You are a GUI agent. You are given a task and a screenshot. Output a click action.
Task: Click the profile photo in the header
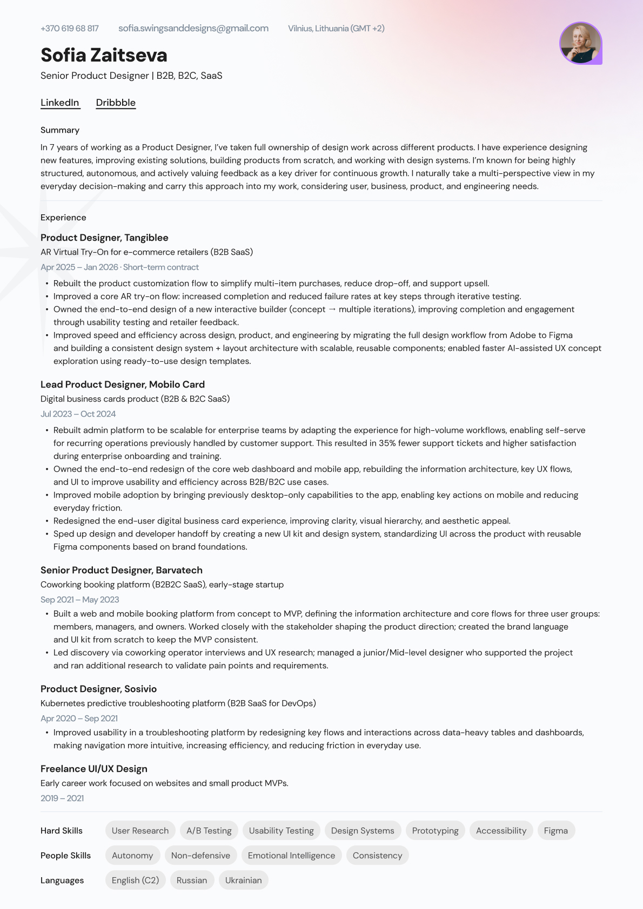pyautogui.click(x=580, y=43)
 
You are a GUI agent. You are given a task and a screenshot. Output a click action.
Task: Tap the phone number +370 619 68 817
pyautogui.click(x=70, y=29)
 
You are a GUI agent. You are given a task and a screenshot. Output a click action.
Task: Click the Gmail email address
pyautogui.click(x=193, y=29)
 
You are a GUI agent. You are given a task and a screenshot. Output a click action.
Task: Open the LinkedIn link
pyautogui.click(x=60, y=103)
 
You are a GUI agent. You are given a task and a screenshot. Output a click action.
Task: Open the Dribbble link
pyautogui.click(x=116, y=103)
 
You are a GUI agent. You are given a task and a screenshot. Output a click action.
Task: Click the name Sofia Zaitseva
pyautogui.click(x=104, y=55)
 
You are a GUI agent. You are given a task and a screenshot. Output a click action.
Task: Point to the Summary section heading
pyautogui.click(x=60, y=130)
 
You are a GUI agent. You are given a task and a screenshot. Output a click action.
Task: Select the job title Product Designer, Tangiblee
pyautogui.click(x=104, y=238)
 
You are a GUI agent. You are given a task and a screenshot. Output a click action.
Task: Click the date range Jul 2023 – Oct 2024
pyautogui.click(x=78, y=414)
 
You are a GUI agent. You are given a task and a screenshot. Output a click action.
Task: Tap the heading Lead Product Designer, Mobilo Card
pyautogui.click(x=123, y=384)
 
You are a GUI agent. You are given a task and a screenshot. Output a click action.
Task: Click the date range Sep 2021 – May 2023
pyautogui.click(x=79, y=600)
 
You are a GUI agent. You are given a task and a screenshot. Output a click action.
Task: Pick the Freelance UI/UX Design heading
pyautogui.click(x=94, y=769)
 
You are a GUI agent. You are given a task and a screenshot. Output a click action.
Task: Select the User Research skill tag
pyautogui.click(x=140, y=831)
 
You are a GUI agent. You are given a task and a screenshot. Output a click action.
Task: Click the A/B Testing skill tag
pyautogui.click(x=209, y=831)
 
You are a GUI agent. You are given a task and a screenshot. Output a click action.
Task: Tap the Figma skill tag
pyautogui.click(x=555, y=831)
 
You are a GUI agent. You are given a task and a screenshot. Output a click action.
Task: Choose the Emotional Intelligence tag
pyautogui.click(x=291, y=856)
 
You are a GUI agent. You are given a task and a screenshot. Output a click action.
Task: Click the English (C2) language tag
pyautogui.click(x=135, y=880)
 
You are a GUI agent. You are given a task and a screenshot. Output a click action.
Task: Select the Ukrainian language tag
pyautogui.click(x=243, y=880)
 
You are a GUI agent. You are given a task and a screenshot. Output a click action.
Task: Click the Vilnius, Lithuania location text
pyautogui.click(x=336, y=29)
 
